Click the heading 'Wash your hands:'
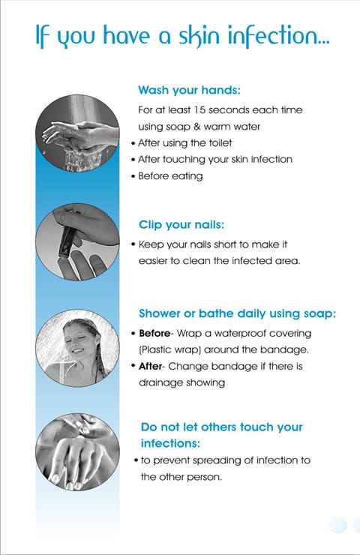pos(189,90)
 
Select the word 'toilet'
pos(220,143)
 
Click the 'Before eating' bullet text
pos(170,176)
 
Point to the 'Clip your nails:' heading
pos(181,225)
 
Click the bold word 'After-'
pos(151,366)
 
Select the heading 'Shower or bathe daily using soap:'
pos(237,313)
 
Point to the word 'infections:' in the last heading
pos(170,443)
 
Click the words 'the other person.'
pos(181,477)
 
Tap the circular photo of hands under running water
pos(77,133)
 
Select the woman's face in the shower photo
pos(79,340)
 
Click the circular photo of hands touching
pos(77,452)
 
